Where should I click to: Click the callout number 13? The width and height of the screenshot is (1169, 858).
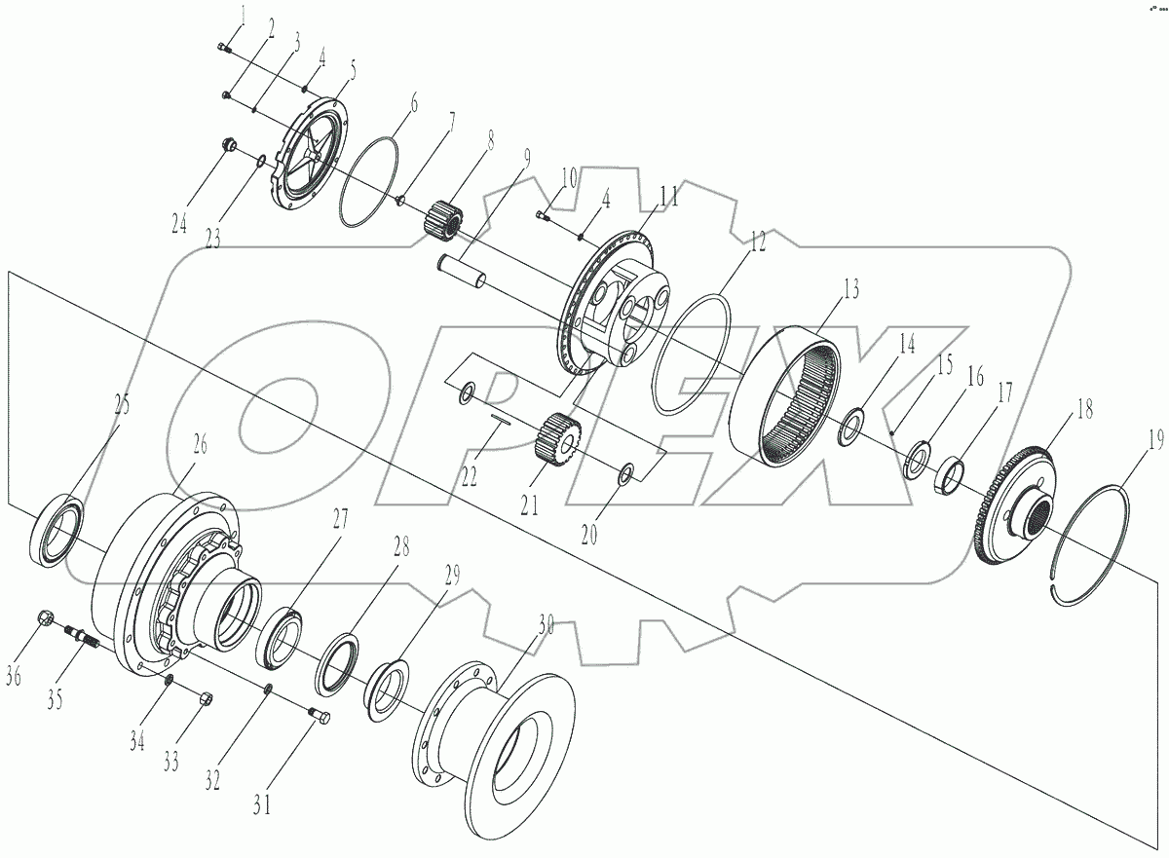pos(849,288)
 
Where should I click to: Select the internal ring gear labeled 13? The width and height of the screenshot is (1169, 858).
pos(788,394)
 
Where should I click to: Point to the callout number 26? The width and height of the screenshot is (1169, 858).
pos(200,446)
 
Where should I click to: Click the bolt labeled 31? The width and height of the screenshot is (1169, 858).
pos(319,718)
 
